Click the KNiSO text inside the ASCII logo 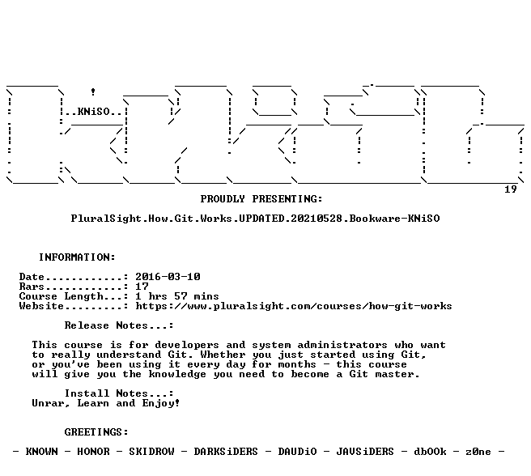tap(94, 112)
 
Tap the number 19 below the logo tap(511, 189)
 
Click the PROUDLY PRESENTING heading tap(261, 199)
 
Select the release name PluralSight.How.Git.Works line tap(255, 219)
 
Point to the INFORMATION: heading tap(77, 257)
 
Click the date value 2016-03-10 tap(168, 277)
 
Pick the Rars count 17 tap(142, 287)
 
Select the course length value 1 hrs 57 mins tap(177, 296)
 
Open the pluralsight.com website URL tap(294, 306)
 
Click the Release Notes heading tap(119, 325)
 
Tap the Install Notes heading tap(119, 393)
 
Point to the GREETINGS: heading tap(96, 432)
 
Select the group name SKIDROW tap(151, 452)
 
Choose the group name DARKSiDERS tap(226, 452)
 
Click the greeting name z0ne tap(478, 452)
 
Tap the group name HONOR tap(93, 452)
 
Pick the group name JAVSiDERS tap(365, 452)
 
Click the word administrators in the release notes tap(342, 345)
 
